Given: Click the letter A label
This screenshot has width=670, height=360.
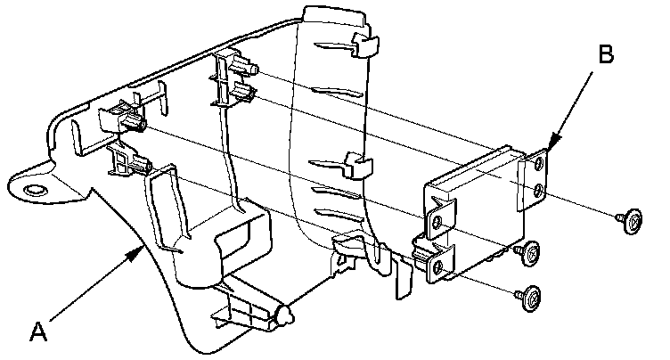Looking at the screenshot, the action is pyautogui.click(x=37, y=333).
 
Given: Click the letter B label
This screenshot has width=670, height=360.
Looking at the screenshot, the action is pyautogui.click(x=605, y=54).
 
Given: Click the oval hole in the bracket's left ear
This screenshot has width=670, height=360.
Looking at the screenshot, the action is pyautogui.click(x=36, y=190).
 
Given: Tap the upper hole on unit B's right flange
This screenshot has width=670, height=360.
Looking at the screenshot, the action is pyautogui.click(x=539, y=163).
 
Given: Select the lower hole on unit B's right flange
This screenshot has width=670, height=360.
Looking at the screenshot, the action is pyautogui.click(x=538, y=191).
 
